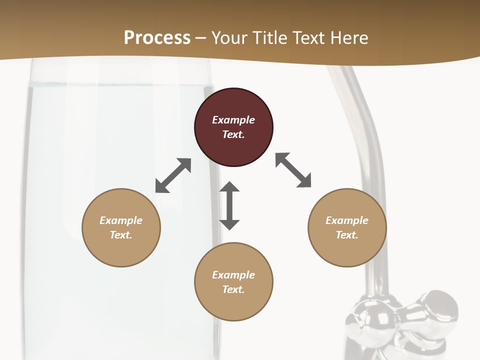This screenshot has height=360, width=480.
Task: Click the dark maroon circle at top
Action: [x=233, y=127]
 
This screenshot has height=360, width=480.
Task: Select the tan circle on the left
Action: [x=121, y=227]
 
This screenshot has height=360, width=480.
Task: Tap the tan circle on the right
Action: [x=347, y=227]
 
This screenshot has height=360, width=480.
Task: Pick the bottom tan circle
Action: [x=233, y=282]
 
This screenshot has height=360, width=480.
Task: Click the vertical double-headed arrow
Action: [x=229, y=206]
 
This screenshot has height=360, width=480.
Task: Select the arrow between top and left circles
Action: [x=173, y=175]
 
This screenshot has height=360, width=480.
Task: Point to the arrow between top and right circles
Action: [x=293, y=170]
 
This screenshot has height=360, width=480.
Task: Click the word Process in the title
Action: [x=157, y=38]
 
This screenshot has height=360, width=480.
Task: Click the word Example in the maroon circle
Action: [x=233, y=120]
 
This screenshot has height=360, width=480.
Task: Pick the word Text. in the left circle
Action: [x=121, y=235]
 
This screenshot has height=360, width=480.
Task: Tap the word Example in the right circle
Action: [x=347, y=220]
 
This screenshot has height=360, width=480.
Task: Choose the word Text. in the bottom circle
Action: [x=233, y=289]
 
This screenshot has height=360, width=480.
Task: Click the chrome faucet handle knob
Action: [x=440, y=306]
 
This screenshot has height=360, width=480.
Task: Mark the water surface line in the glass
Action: [x=120, y=86]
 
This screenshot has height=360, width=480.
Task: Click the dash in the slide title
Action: [x=201, y=38]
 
